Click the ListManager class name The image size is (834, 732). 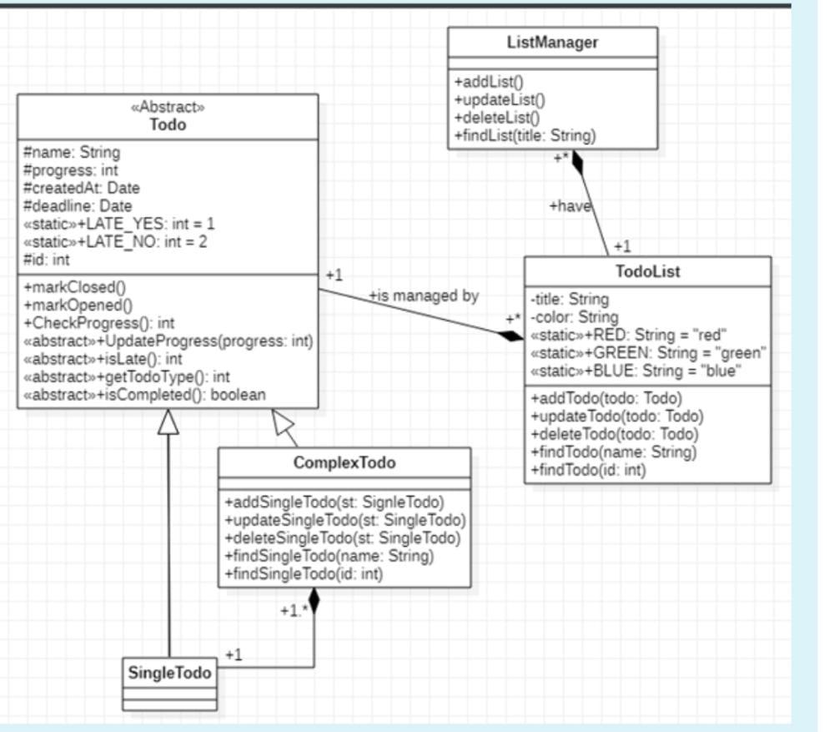tap(552, 43)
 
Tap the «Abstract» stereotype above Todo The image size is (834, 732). tap(168, 107)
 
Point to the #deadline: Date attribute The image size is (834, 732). tap(78, 205)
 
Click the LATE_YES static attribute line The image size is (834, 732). tap(119, 224)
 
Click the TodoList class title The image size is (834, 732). tap(647, 271)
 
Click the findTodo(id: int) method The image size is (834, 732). tap(588, 470)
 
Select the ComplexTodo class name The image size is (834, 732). tap(344, 462)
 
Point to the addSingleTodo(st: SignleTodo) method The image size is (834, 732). tap(334, 502)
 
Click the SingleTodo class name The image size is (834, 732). tap(169, 672)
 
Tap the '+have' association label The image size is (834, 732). tap(570, 206)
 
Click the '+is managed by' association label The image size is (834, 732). tap(424, 295)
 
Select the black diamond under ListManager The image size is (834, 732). tap(577, 162)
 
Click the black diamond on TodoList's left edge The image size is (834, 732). tap(510, 336)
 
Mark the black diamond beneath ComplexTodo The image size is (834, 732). tap(314, 600)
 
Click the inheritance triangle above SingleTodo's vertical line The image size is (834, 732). tap(168, 422)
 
